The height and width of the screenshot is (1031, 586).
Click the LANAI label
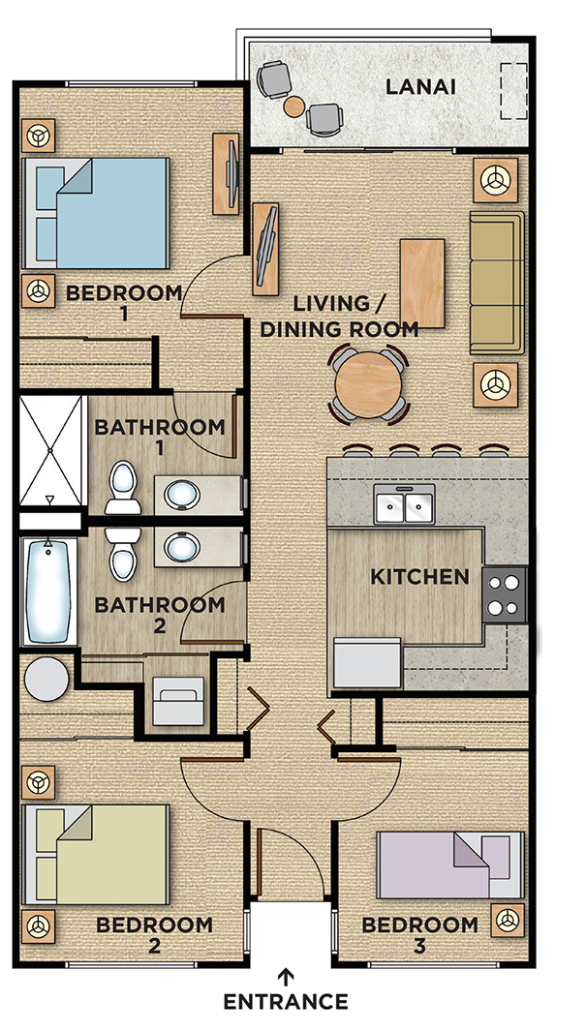pyautogui.click(x=419, y=87)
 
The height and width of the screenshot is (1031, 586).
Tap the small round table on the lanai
pyautogui.click(x=294, y=106)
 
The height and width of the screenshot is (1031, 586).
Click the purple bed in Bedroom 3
pyautogui.click(x=450, y=864)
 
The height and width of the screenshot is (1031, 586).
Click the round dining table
pyautogui.click(x=368, y=384)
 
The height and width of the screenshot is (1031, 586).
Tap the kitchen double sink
pyautogui.click(x=404, y=504)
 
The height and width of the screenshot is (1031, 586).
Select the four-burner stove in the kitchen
pyautogui.click(x=505, y=594)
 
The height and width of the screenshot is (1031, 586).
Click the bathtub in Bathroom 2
pyautogui.click(x=48, y=591)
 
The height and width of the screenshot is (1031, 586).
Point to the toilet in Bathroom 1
pyautogui.click(x=123, y=487)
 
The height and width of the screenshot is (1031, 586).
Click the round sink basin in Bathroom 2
pyautogui.click(x=182, y=547)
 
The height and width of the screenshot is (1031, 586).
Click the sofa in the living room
pyautogui.click(x=497, y=283)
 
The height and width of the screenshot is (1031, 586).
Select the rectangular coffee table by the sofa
pyautogui.click(x=422, y=284)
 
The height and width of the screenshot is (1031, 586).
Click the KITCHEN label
pyautogui.click(x=420, y=577)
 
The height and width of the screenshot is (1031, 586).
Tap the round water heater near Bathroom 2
pyautogui.click(x=46, y=678)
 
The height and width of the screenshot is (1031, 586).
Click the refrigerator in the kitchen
pyautogui.click(x=368, y=663)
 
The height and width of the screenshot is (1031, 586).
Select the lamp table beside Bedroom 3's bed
pyautogui.click(x=508, y=920)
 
